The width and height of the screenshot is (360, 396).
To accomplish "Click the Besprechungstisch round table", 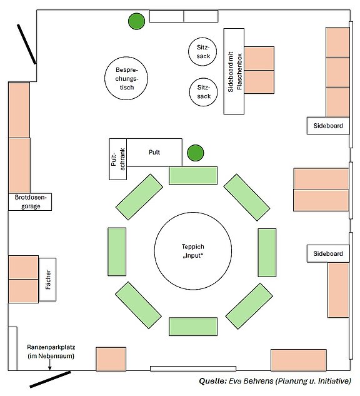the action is coord(126,78).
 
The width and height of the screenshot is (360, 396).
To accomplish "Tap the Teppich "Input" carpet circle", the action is coord(193,251).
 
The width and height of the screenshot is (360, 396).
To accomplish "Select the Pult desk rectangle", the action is coord(154,152).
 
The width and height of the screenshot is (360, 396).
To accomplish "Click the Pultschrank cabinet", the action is coord(118,159).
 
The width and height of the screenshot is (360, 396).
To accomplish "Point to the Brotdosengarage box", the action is coord(30,202).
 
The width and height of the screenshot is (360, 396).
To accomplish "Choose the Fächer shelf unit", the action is coord(47,279).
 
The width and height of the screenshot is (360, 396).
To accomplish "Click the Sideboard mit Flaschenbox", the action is coord(234,71).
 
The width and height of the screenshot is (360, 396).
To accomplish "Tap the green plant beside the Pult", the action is coord(195,153).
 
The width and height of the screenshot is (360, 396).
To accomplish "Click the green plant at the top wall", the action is coord(136,21).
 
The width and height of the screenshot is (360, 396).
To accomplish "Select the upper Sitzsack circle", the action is coord(202,51).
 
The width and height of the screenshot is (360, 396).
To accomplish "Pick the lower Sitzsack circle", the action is coord(203,92).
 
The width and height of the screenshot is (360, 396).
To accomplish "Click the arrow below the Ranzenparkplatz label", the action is coord(50,365).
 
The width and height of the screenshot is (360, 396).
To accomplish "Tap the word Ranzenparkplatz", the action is coord(51,347).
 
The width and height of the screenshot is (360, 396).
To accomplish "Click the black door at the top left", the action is coord(27,44).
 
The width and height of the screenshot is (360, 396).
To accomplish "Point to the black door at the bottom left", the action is coord(50,379).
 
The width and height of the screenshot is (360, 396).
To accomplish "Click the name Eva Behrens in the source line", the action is coord(251,380).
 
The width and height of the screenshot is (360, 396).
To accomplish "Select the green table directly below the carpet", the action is coord(193,327).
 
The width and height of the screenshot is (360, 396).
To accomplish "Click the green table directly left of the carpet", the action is coord(117,251).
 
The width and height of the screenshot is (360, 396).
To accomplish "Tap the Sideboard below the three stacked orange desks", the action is coord(328,126).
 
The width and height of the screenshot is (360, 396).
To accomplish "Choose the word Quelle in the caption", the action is coord(213,381).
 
